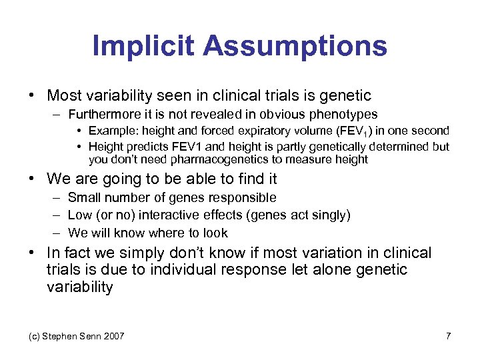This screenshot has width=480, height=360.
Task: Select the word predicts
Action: tap(142, 146)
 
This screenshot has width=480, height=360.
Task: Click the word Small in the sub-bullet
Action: tap(83, 197)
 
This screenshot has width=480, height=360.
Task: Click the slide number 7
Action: tap(448, 336)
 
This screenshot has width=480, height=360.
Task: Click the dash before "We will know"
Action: tap(54, 233)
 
